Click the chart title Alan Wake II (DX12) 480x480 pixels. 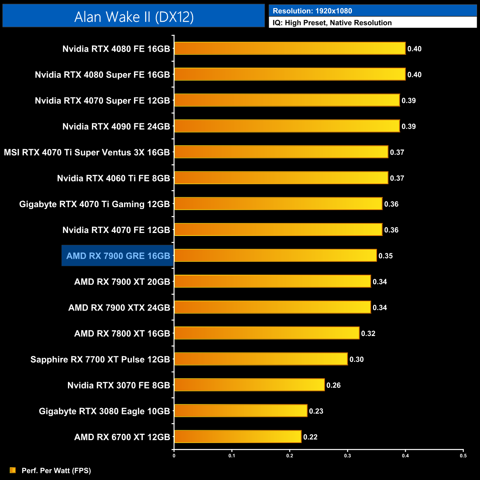click(x=134, y=17)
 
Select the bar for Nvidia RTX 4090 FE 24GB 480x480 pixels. click(x=287, y=126)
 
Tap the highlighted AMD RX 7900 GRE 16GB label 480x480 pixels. click(x=118, y=256)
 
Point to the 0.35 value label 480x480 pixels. click(x=385, y=256)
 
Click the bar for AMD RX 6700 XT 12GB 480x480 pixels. click(x=238, y=437)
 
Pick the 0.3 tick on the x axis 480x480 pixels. click(x=347, y=456)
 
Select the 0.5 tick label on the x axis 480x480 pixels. click(x=463, y=456)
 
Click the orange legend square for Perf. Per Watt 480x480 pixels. click(x=13, y=470)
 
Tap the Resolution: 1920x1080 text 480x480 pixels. click(x=312, y=11)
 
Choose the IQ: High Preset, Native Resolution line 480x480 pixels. click(x=332, y=23)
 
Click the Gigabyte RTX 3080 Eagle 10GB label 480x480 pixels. click(x=104, y=411)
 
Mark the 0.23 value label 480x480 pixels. click(x=316, y=411)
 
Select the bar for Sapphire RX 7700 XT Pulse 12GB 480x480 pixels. click(x=261, y=359)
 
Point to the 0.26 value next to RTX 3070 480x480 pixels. click(x=333, y=385)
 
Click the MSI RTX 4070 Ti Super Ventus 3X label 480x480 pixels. click(x=87, y=152)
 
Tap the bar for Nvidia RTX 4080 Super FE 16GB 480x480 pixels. click(x=290, y=74)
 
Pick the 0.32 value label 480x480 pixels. click(x=368, y=333)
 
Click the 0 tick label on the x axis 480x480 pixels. click(x=174, y=456)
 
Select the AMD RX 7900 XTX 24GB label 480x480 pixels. click(x=119, y=308)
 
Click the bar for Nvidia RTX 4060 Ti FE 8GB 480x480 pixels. click(x=281, y=178)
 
